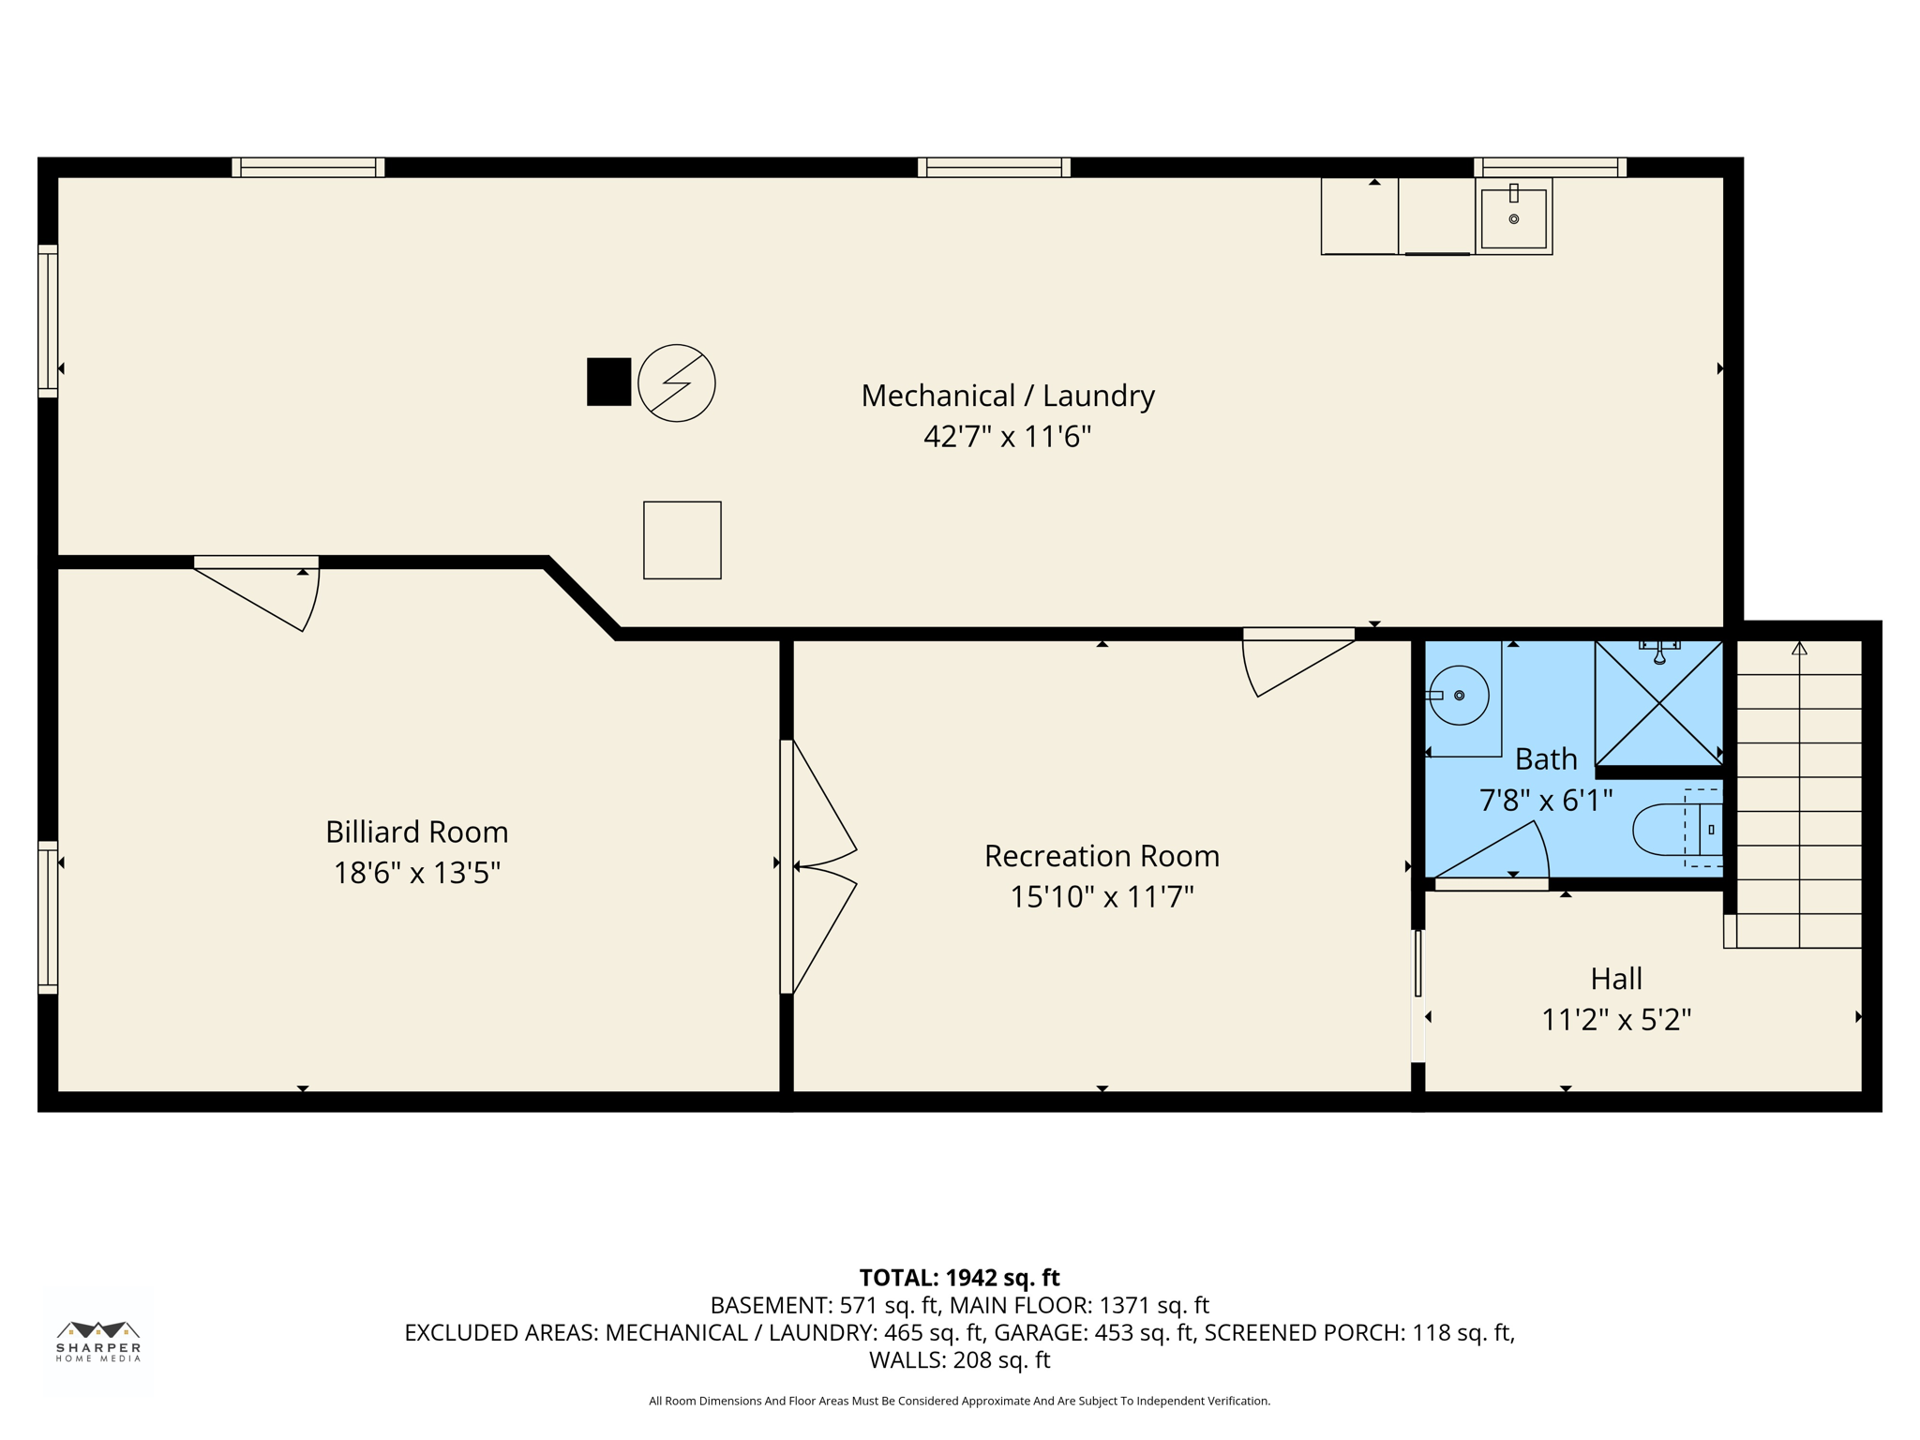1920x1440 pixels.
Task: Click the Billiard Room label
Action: (x=416, y=832)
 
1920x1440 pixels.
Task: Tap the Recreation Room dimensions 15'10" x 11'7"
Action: (x=1102, y=897)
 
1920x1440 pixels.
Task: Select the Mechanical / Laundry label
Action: (x=1007, y=396)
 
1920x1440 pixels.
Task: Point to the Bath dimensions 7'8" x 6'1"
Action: (x=1545, y=801)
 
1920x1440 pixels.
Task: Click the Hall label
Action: (x=1616, y=979)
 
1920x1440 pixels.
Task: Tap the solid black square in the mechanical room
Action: (x=608, y=382)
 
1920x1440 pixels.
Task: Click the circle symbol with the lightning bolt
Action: (x=676, y=382)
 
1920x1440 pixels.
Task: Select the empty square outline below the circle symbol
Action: (x=682, y=540)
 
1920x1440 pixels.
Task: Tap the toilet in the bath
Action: (x=1673, y=830)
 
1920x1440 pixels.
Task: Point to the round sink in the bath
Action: (x=1459, y=695)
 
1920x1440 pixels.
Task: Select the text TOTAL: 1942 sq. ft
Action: (x=959, y=1278)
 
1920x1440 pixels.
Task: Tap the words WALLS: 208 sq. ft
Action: (x=959, y=1359)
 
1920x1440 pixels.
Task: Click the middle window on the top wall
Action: (x=994, y=167)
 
